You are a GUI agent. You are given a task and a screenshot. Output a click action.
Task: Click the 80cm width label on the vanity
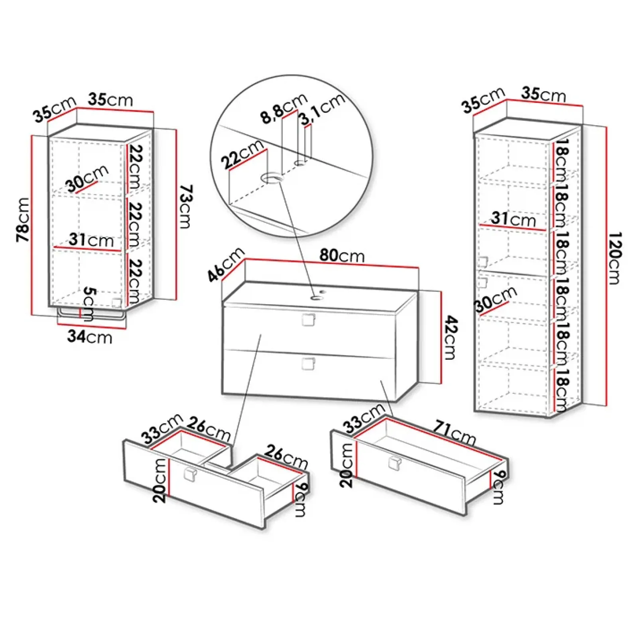(x=342, y=255)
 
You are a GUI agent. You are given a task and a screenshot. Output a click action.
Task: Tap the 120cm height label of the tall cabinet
(x=614, y=258)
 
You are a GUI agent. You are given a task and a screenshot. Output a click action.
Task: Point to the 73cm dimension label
(x=185, y=206)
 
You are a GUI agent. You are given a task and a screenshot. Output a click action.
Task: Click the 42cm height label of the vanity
(x=451, y=337)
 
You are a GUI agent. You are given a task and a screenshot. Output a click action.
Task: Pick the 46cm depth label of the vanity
(x=226, y=264)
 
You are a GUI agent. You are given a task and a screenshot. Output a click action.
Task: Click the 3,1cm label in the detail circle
(x=322, y=108)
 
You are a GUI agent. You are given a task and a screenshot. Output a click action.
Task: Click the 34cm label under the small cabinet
(x=90, y=337)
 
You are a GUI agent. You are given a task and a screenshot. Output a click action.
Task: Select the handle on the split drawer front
(x=190, y=475)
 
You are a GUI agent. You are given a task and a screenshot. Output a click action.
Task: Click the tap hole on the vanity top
(x=318, y=297)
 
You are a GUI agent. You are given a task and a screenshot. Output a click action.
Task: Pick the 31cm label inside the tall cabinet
(x=513, y=219)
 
